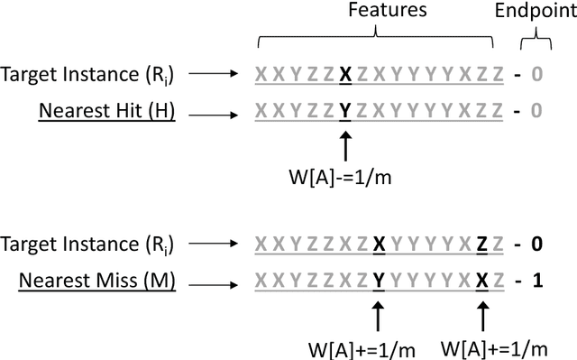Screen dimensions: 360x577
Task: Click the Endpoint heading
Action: (536, 11)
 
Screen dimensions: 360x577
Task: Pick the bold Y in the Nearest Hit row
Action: (344, 111)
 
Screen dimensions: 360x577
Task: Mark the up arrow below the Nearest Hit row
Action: (344, 143)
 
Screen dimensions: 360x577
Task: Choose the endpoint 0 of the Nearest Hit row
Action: (536, 111)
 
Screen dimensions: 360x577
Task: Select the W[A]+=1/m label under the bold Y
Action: (378, 346)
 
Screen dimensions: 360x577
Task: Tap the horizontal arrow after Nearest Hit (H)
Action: (215, 111)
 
